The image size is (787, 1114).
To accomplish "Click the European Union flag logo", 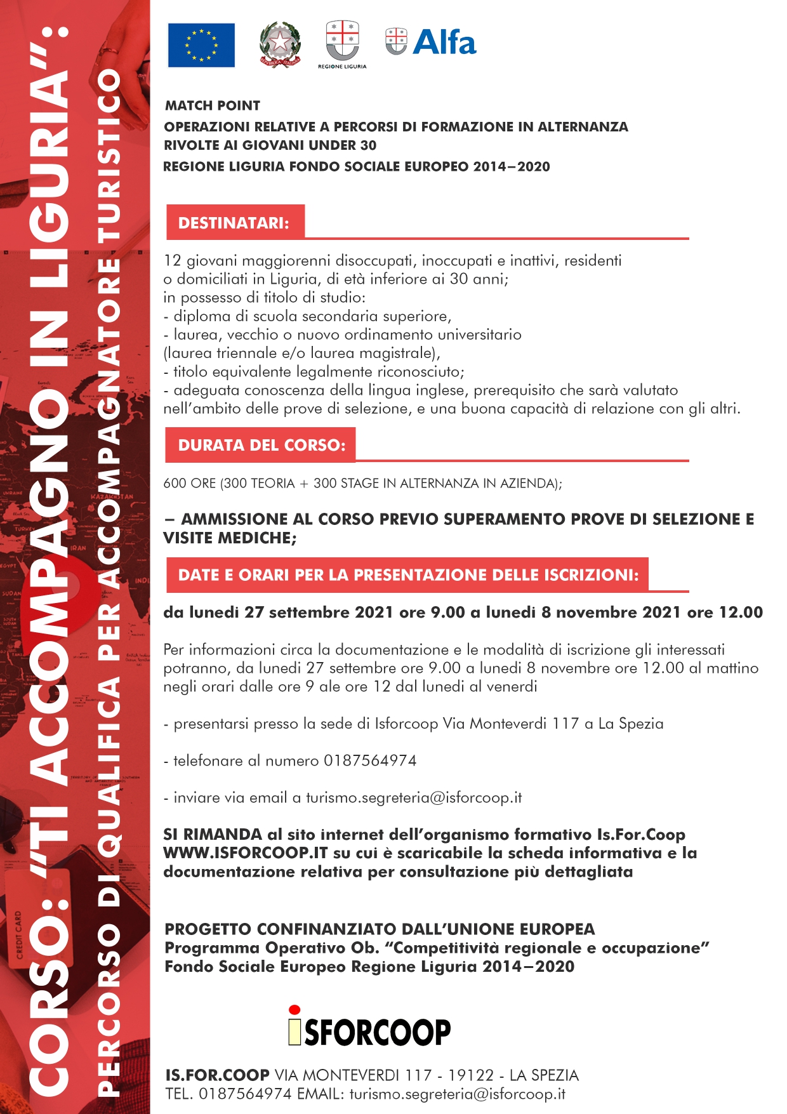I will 201,45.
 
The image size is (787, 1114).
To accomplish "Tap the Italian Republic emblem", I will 280,45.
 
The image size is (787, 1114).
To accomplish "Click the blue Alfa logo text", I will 444,43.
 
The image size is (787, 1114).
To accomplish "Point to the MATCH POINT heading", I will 213,105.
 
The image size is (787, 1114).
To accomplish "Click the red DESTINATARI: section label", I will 234,223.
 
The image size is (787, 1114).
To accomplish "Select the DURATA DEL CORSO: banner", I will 261,445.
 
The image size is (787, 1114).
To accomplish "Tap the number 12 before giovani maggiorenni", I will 172,260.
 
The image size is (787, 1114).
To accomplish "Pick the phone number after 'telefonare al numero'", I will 370,760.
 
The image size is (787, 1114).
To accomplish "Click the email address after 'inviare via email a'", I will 414,798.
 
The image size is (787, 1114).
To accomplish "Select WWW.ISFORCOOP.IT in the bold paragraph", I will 246,853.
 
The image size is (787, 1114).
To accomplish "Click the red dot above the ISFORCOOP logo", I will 294,1010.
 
